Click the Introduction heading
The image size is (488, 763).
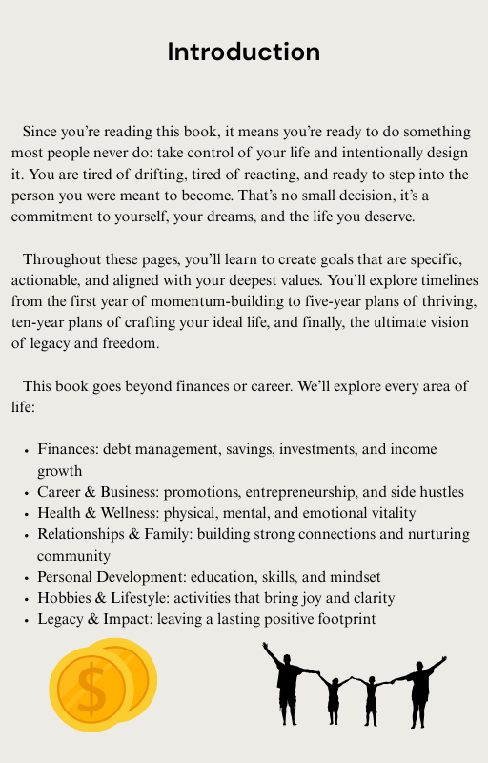click(x=244, y=51)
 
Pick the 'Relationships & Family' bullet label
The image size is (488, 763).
click(x=113, y=534)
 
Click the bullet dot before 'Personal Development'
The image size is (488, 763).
click(x=26, y=577)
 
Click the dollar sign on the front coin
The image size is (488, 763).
click(x=91, y=691)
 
